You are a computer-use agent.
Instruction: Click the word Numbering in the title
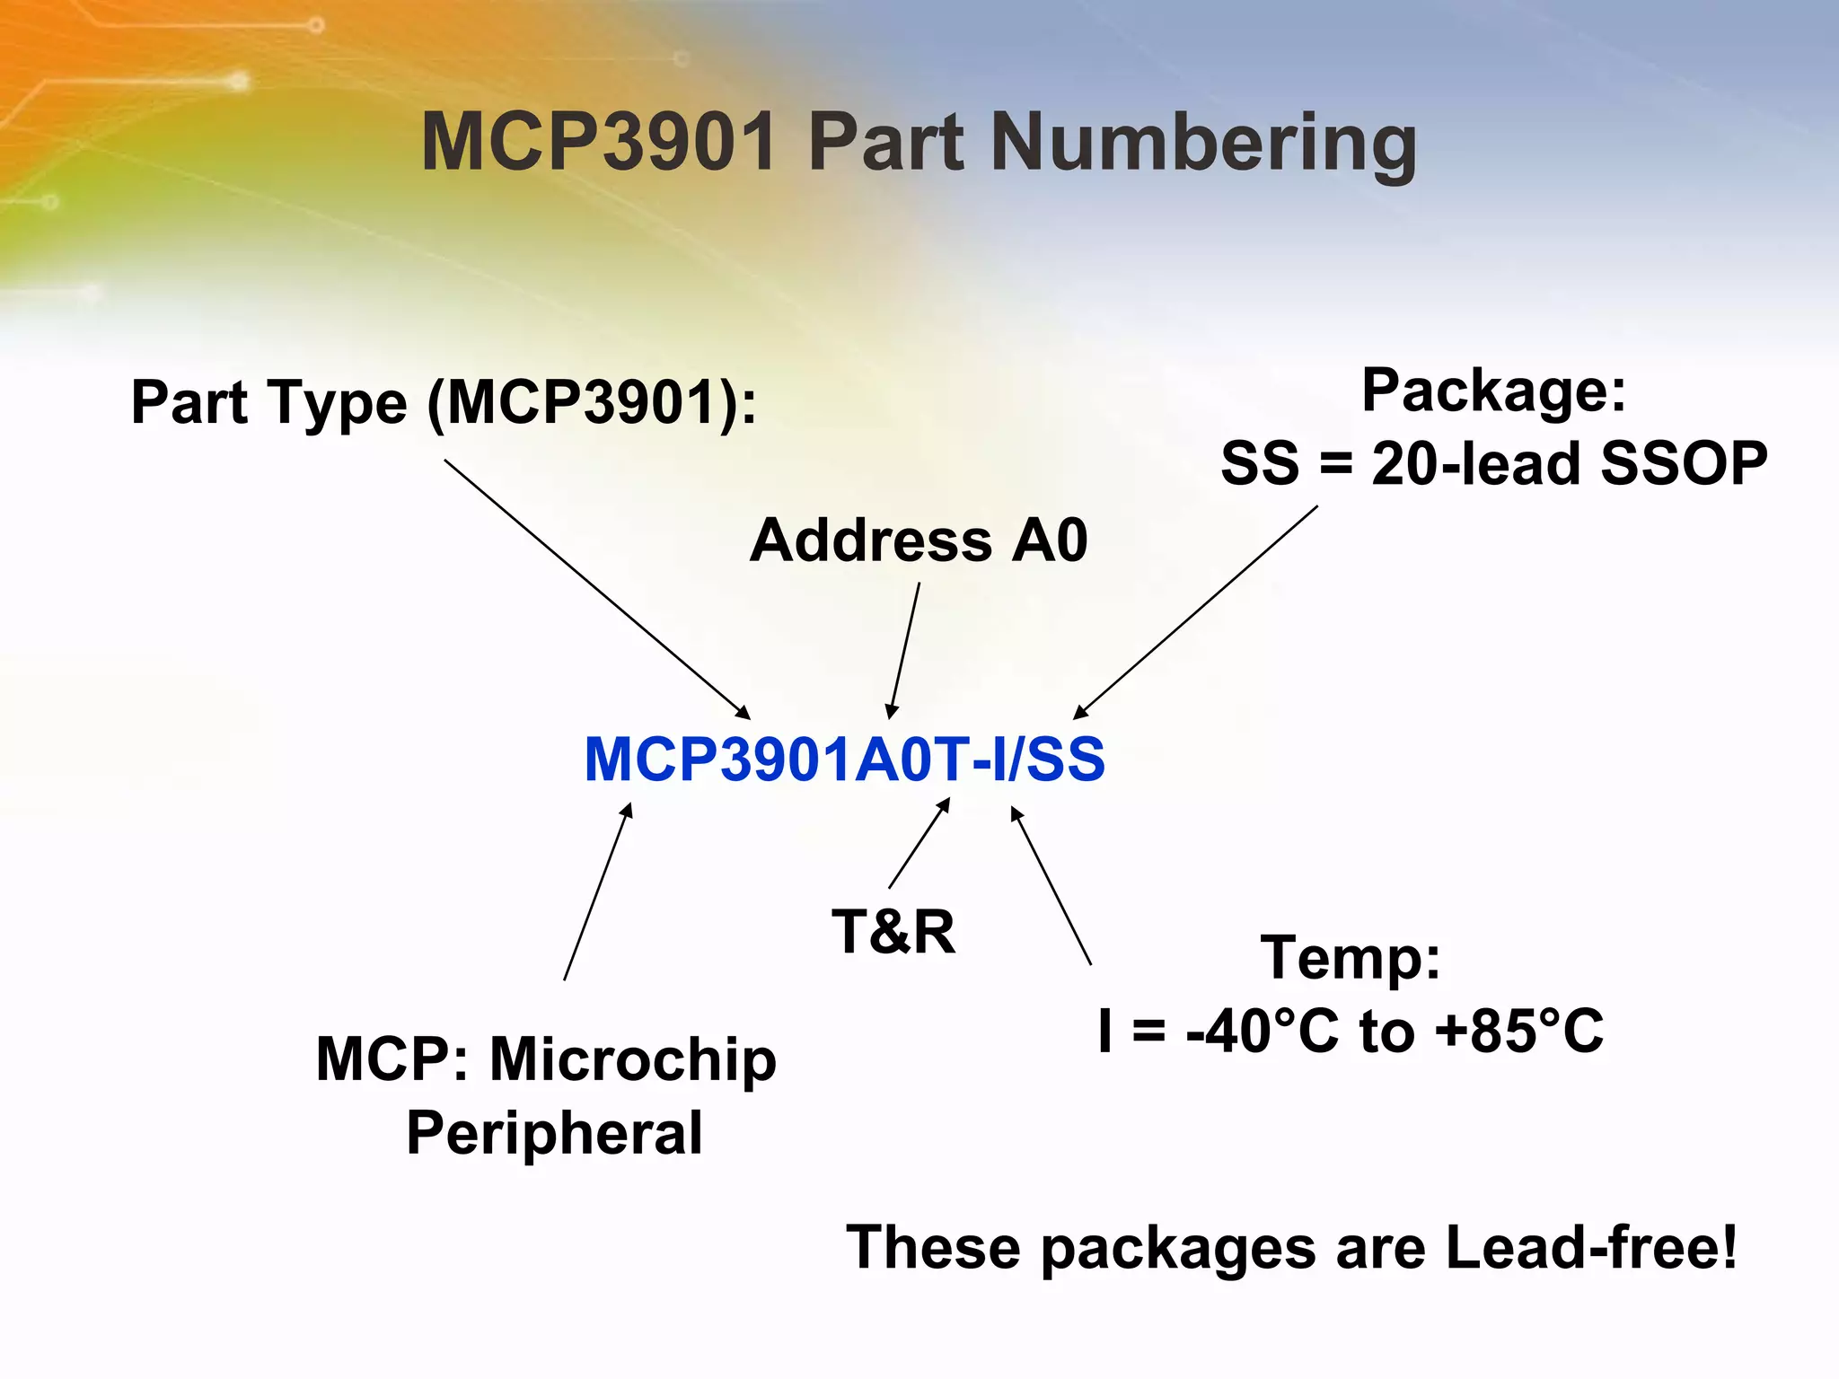coord(1203,144)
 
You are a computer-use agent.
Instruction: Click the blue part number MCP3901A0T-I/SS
coord(844,760)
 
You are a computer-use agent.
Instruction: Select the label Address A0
coord(918,540)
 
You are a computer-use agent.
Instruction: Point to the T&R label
coord(893,931)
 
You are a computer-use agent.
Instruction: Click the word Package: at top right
coord(1493,391)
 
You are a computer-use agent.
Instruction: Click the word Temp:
coord(1351,958)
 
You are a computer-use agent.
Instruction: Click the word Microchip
coord(632,1059)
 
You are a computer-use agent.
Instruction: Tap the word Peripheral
coord(554,1133)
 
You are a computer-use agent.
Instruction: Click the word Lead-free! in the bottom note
coord(1591,1248)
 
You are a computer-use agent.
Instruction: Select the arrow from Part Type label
coord(597,589)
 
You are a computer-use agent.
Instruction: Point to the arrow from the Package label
coord(1195,612)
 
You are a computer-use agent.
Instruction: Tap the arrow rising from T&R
coord(919,843)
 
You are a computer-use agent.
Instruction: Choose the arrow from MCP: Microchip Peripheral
coord(598,891)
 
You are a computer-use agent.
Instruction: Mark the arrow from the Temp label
coord(1051,885)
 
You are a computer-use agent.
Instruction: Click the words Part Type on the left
coord(269,402)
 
